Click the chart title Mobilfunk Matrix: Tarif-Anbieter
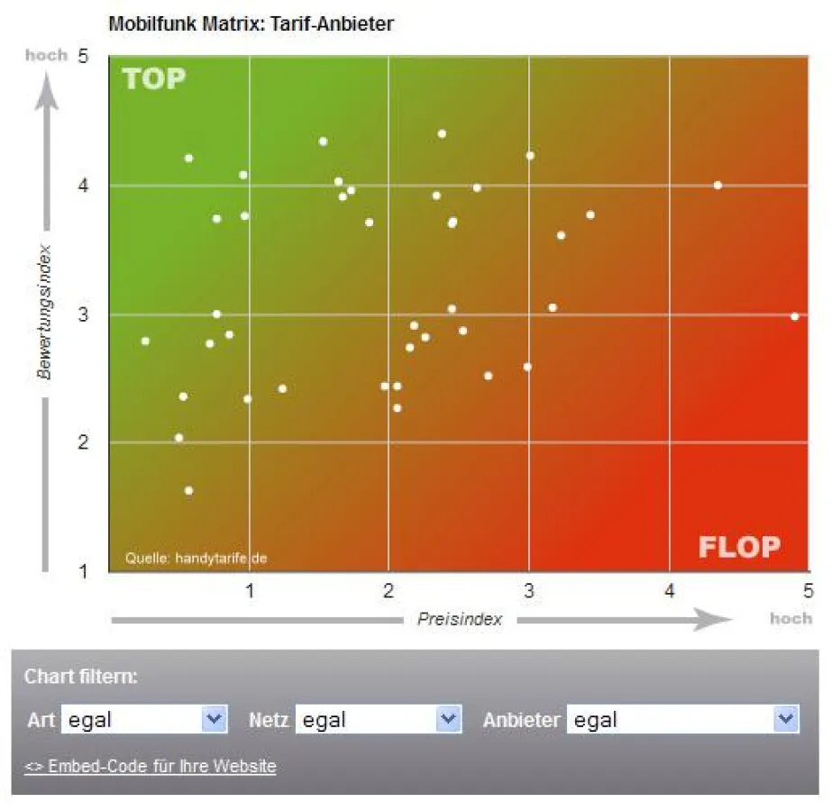click(251, 24)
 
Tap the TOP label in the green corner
click(154, 79)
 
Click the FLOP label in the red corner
click(738, 547)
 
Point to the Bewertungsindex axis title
click(44, 311)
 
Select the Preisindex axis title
click(459, 620)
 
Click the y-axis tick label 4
click(83, 186)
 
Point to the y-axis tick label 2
click(83, 442)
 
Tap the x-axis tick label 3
click(529, 591)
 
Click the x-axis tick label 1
click(250, 591)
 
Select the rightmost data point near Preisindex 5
click(794, 316)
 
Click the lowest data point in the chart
click(188, 491)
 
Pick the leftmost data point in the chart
click(145, 342)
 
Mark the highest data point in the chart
click(442, 134)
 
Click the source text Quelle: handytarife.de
click(196, 559)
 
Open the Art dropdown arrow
click(214, 719)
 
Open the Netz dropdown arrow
click(448, 719)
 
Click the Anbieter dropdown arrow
click(786, 719)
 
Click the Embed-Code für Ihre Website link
click(151, 767)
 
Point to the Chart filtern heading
click(81, 676)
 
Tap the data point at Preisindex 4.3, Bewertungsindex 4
click(718, 186)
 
